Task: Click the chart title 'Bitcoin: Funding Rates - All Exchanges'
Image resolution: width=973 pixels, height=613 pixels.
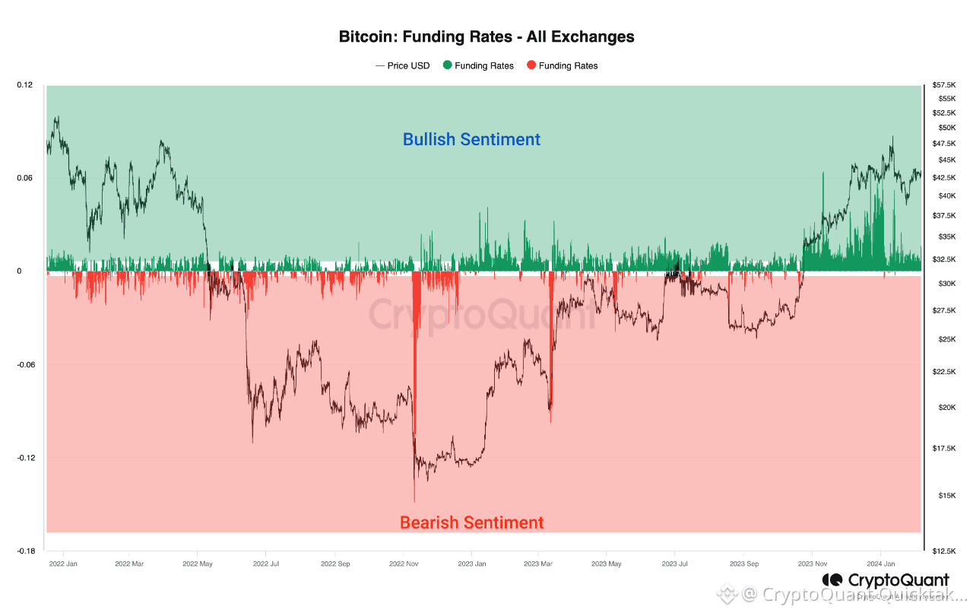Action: pyautogui.click(x=486, y=37)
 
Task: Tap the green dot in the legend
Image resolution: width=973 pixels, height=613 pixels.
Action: pyautogui.click(x=448, y=65)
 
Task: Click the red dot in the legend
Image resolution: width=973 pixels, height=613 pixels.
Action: pyautogui.click(x=531, y=65)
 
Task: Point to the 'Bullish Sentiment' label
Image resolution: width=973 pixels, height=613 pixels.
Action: pyautogui.click(x=471, y=140)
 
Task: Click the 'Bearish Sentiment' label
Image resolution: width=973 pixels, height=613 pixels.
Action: pyautogui.click(x=471, y=523)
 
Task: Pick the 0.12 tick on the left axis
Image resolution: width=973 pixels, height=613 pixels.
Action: pyautogui.click(x=24, y=84)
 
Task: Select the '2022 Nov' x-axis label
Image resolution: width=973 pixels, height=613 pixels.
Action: pyautogui.click(x=403, y=564)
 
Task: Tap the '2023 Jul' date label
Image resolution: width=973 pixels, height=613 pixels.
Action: pyautogui.click(x=675, y=564)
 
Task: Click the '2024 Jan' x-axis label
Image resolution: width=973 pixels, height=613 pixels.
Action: pyautogui.click(x=880, y=564)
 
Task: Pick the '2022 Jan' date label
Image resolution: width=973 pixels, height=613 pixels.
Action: pyautogui.click(x=63, y=564)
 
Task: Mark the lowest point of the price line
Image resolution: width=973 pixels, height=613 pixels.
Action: pyautogui.click(x=414, y=501)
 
